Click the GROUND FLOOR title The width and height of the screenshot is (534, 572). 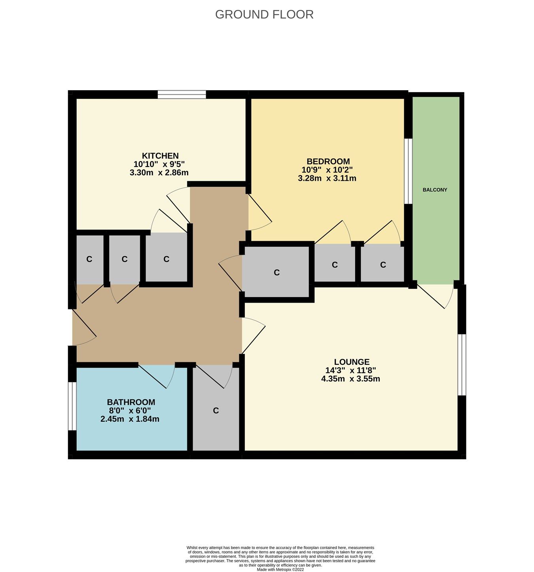click(x=264, y=15)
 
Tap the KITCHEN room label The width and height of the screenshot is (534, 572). click(x=160, y=156)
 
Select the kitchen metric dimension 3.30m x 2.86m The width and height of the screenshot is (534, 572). click(x=159, y=172)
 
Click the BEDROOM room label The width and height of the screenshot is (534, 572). click(x=328, y=161)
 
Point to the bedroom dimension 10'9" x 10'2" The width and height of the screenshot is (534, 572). click(x=327, y=170)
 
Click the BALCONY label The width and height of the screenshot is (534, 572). click(x=435, y=190)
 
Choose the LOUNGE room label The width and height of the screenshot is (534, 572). click(x=352, y=362)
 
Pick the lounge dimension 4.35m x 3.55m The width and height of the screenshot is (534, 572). click(x=351, y=379)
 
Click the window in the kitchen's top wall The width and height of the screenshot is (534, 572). click(x=182, y=95)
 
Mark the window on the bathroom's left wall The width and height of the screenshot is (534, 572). click(x=72, y=406)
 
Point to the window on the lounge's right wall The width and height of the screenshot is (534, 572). click(x=462, y=365)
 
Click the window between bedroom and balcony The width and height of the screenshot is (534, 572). click(x=408, y=171)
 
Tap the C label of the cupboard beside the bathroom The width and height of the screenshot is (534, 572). click(x=216, y=411)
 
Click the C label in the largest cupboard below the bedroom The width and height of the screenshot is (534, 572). click(x=276, y=273)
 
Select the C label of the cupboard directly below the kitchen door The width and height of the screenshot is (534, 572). click(x=166, y=259)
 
